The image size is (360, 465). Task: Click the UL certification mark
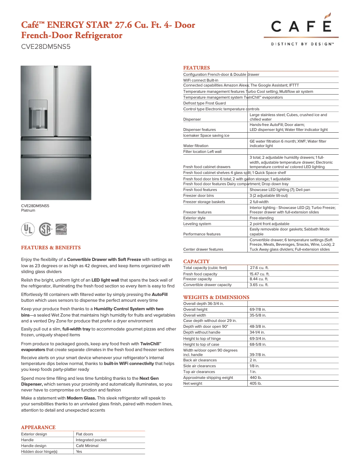(28, 229)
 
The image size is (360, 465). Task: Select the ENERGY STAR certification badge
(61, 229)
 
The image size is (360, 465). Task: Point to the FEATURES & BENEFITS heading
(51, 248)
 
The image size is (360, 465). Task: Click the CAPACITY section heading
(196, 261)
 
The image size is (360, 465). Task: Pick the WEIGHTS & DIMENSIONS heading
(216, 297)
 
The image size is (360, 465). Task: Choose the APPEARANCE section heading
(38, 427)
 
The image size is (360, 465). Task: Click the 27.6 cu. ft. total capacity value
(259, 268)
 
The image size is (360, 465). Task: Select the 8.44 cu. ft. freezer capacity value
(259, 279)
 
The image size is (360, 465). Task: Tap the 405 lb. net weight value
(255, 383)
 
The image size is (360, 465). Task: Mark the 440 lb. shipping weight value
(255, 378)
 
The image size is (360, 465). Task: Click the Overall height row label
(195, 309)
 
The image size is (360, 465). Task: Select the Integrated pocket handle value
(91, 440)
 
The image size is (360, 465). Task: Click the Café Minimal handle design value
(87, 446)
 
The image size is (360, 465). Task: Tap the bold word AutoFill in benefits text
(159, 294)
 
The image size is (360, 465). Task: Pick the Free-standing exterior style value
(261, 218)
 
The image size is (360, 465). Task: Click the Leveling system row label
(197, 224)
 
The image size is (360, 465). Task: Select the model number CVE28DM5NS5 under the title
(46, 46)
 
